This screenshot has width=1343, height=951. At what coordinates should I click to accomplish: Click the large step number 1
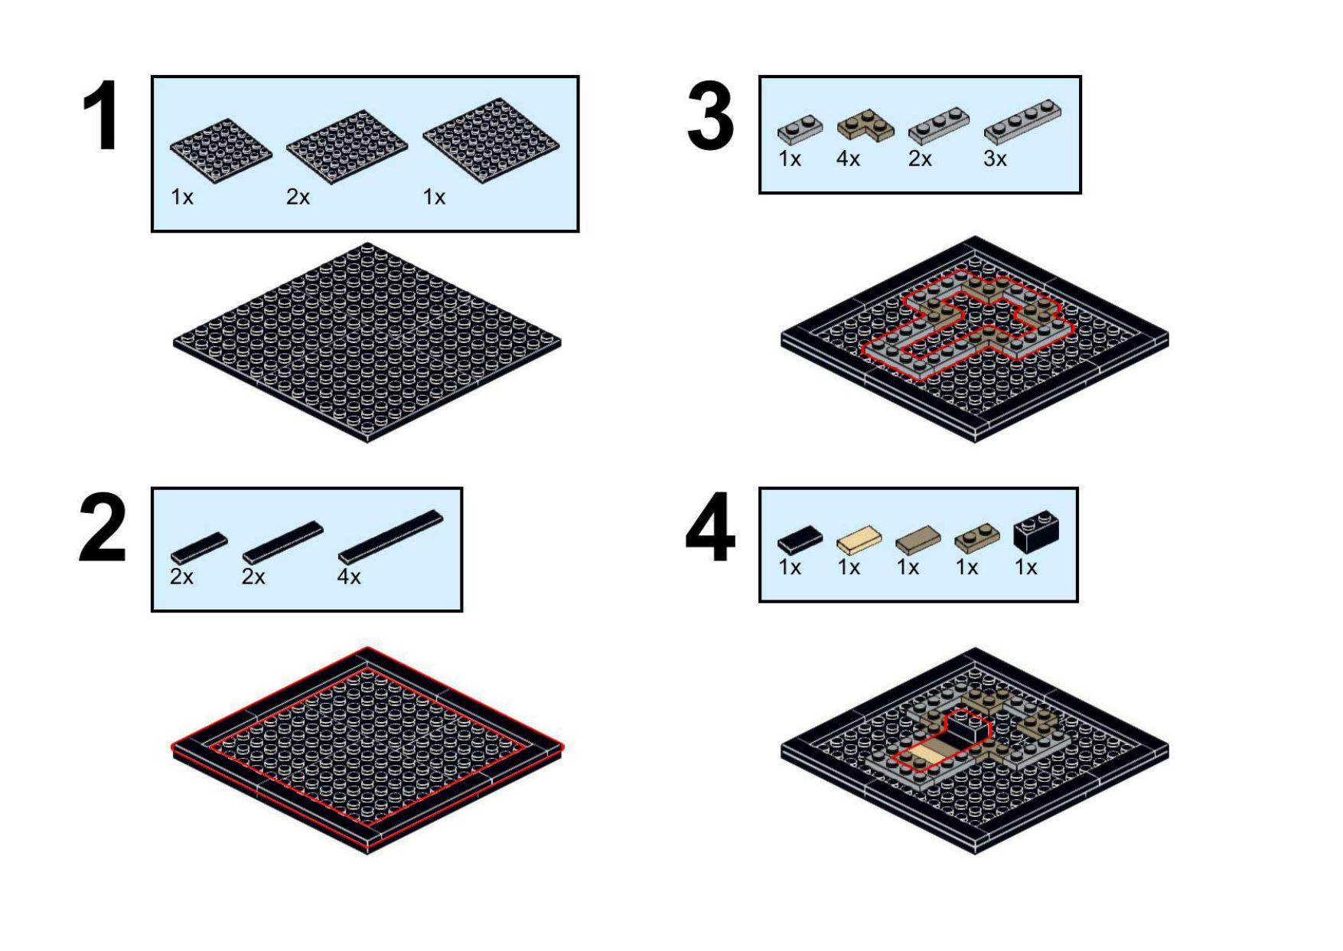coord(101,116)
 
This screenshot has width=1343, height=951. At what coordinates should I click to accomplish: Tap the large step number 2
coord(103,528)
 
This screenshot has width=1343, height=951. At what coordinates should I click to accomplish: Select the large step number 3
coord(710,116)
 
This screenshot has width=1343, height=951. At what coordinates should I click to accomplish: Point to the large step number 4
coord(710,528)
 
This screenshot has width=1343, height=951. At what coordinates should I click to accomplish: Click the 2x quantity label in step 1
coord(298,198)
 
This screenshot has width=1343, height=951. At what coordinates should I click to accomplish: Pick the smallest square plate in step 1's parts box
coord(220,150)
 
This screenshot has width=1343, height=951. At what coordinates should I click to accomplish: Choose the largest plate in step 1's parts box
coord(491,140)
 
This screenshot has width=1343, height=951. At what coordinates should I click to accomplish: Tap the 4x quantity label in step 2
coord(349,577)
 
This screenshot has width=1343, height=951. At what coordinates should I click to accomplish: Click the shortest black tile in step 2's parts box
coord(199,547)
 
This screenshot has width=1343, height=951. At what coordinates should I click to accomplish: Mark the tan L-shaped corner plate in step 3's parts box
coord(865,125)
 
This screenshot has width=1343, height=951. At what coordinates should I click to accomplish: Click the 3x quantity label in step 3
coord(995,159)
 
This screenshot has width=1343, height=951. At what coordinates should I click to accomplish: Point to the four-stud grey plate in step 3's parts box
coord(1022,122)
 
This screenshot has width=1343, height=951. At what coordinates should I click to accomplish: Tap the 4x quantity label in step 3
coord(848,159)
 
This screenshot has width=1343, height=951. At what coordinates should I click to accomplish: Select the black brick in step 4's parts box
coord(1035,531)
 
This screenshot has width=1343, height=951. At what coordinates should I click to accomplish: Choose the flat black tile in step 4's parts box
coord(800,539)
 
